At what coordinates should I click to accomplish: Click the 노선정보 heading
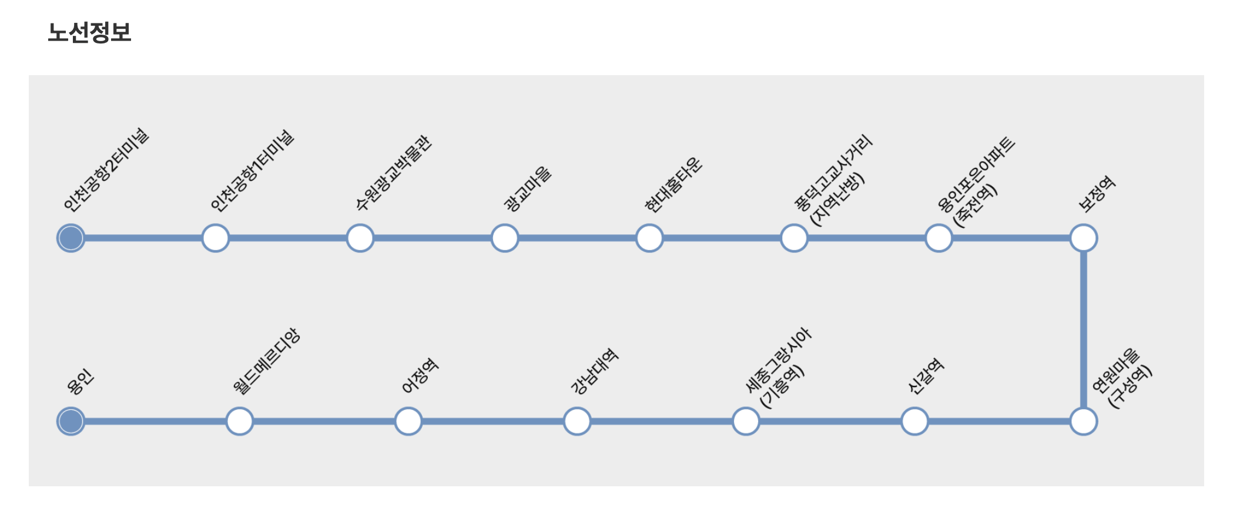(89, 33)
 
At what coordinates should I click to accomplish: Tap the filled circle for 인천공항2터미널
(71, 238)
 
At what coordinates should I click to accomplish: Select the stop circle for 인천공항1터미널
(216, 238)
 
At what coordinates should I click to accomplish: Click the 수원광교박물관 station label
(394, 173)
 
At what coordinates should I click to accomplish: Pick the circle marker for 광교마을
(505, 238)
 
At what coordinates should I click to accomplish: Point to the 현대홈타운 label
(673, 184)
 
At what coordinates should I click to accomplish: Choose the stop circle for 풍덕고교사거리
(794, 238)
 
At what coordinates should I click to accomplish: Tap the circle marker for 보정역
(1084, 238)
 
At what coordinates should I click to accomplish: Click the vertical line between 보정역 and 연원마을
(1084, 329)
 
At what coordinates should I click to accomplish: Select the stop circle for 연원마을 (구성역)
(1084, 422)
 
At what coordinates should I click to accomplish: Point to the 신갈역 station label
(926, 376)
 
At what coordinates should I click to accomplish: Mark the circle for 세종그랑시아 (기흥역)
(746, 422)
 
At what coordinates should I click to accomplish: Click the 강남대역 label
(594, 371)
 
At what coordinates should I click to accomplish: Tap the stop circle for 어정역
(408, 422)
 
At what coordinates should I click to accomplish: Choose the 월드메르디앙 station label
(266, 361)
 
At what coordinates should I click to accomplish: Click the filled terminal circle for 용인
(71, 422)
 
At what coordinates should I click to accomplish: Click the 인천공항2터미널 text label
(106, 170)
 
